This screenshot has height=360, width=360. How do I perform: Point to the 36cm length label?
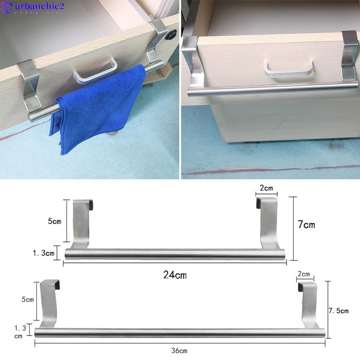click(180, 350)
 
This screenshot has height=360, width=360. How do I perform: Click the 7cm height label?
click(306, 225)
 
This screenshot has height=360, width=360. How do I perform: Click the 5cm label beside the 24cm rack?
click(54, 221)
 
